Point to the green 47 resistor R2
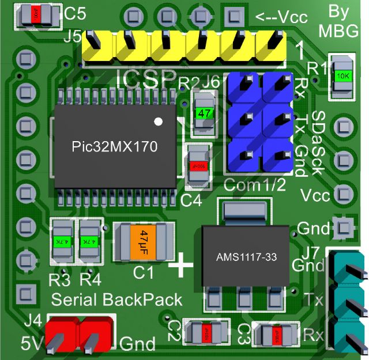(204, 113)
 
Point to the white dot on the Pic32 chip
(159, 122)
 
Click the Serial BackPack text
(117, 300)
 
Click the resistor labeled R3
(59, 241)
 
